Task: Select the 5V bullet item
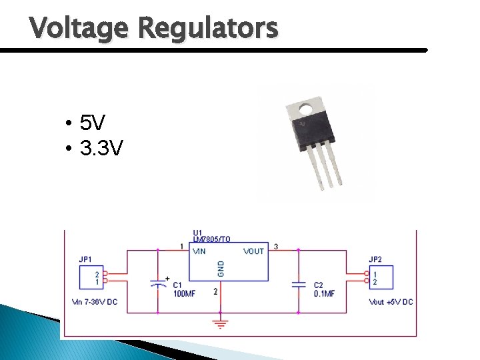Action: (92, 123)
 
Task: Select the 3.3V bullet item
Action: (101, 148)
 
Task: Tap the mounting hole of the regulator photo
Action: (307, 107)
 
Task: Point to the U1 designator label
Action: (198, 232)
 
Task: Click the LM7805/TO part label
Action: (211, 239)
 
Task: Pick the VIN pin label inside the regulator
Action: (199, 251)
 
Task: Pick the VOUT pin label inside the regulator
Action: (253, 251)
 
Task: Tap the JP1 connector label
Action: (85, 259)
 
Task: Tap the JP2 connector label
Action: (375, 259)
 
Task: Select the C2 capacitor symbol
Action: (298, 284)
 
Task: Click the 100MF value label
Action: (184, 293)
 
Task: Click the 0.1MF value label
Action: (324, 293)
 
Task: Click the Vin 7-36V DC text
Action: (94, 302)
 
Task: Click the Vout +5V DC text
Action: (391, 302)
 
